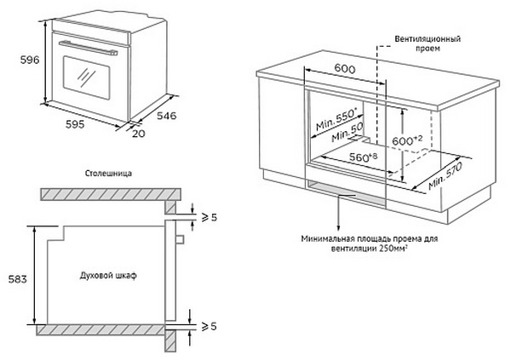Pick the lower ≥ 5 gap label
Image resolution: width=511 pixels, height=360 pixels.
click(x=207, y=325)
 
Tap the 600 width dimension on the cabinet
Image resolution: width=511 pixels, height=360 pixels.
click(x=344, y=69)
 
